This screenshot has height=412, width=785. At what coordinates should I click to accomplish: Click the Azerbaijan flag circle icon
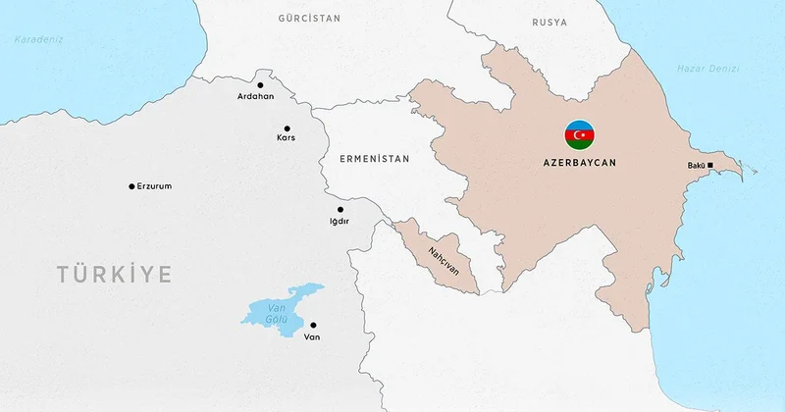click(x=579, y=134)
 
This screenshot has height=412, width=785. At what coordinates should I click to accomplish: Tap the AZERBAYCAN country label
click(x=579, y=163)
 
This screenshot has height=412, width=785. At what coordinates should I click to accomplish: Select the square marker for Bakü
click(x=710, y=165)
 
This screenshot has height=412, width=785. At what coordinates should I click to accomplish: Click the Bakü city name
click(x=695, y=165)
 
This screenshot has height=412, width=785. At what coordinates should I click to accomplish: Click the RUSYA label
click(x=549, y=21)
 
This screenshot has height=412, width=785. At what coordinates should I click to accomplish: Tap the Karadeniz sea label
click(x=37, y=40)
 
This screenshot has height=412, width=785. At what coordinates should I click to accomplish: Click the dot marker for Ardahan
click(x=263, y=84)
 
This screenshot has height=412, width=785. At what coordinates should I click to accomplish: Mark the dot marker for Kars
click(x=287, y=129)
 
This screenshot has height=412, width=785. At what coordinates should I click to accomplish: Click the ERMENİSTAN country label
click(x=375, y=157)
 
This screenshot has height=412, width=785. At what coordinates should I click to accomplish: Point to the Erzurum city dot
click(x=131, y=186)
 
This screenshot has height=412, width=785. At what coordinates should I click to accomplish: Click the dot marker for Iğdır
click(x=340, y=209)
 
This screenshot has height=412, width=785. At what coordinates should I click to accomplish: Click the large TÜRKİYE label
click(x=114, y=274)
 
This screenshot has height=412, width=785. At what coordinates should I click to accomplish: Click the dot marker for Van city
click(x=313, y=325)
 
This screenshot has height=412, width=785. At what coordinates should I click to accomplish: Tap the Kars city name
click(x=287, y=138)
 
